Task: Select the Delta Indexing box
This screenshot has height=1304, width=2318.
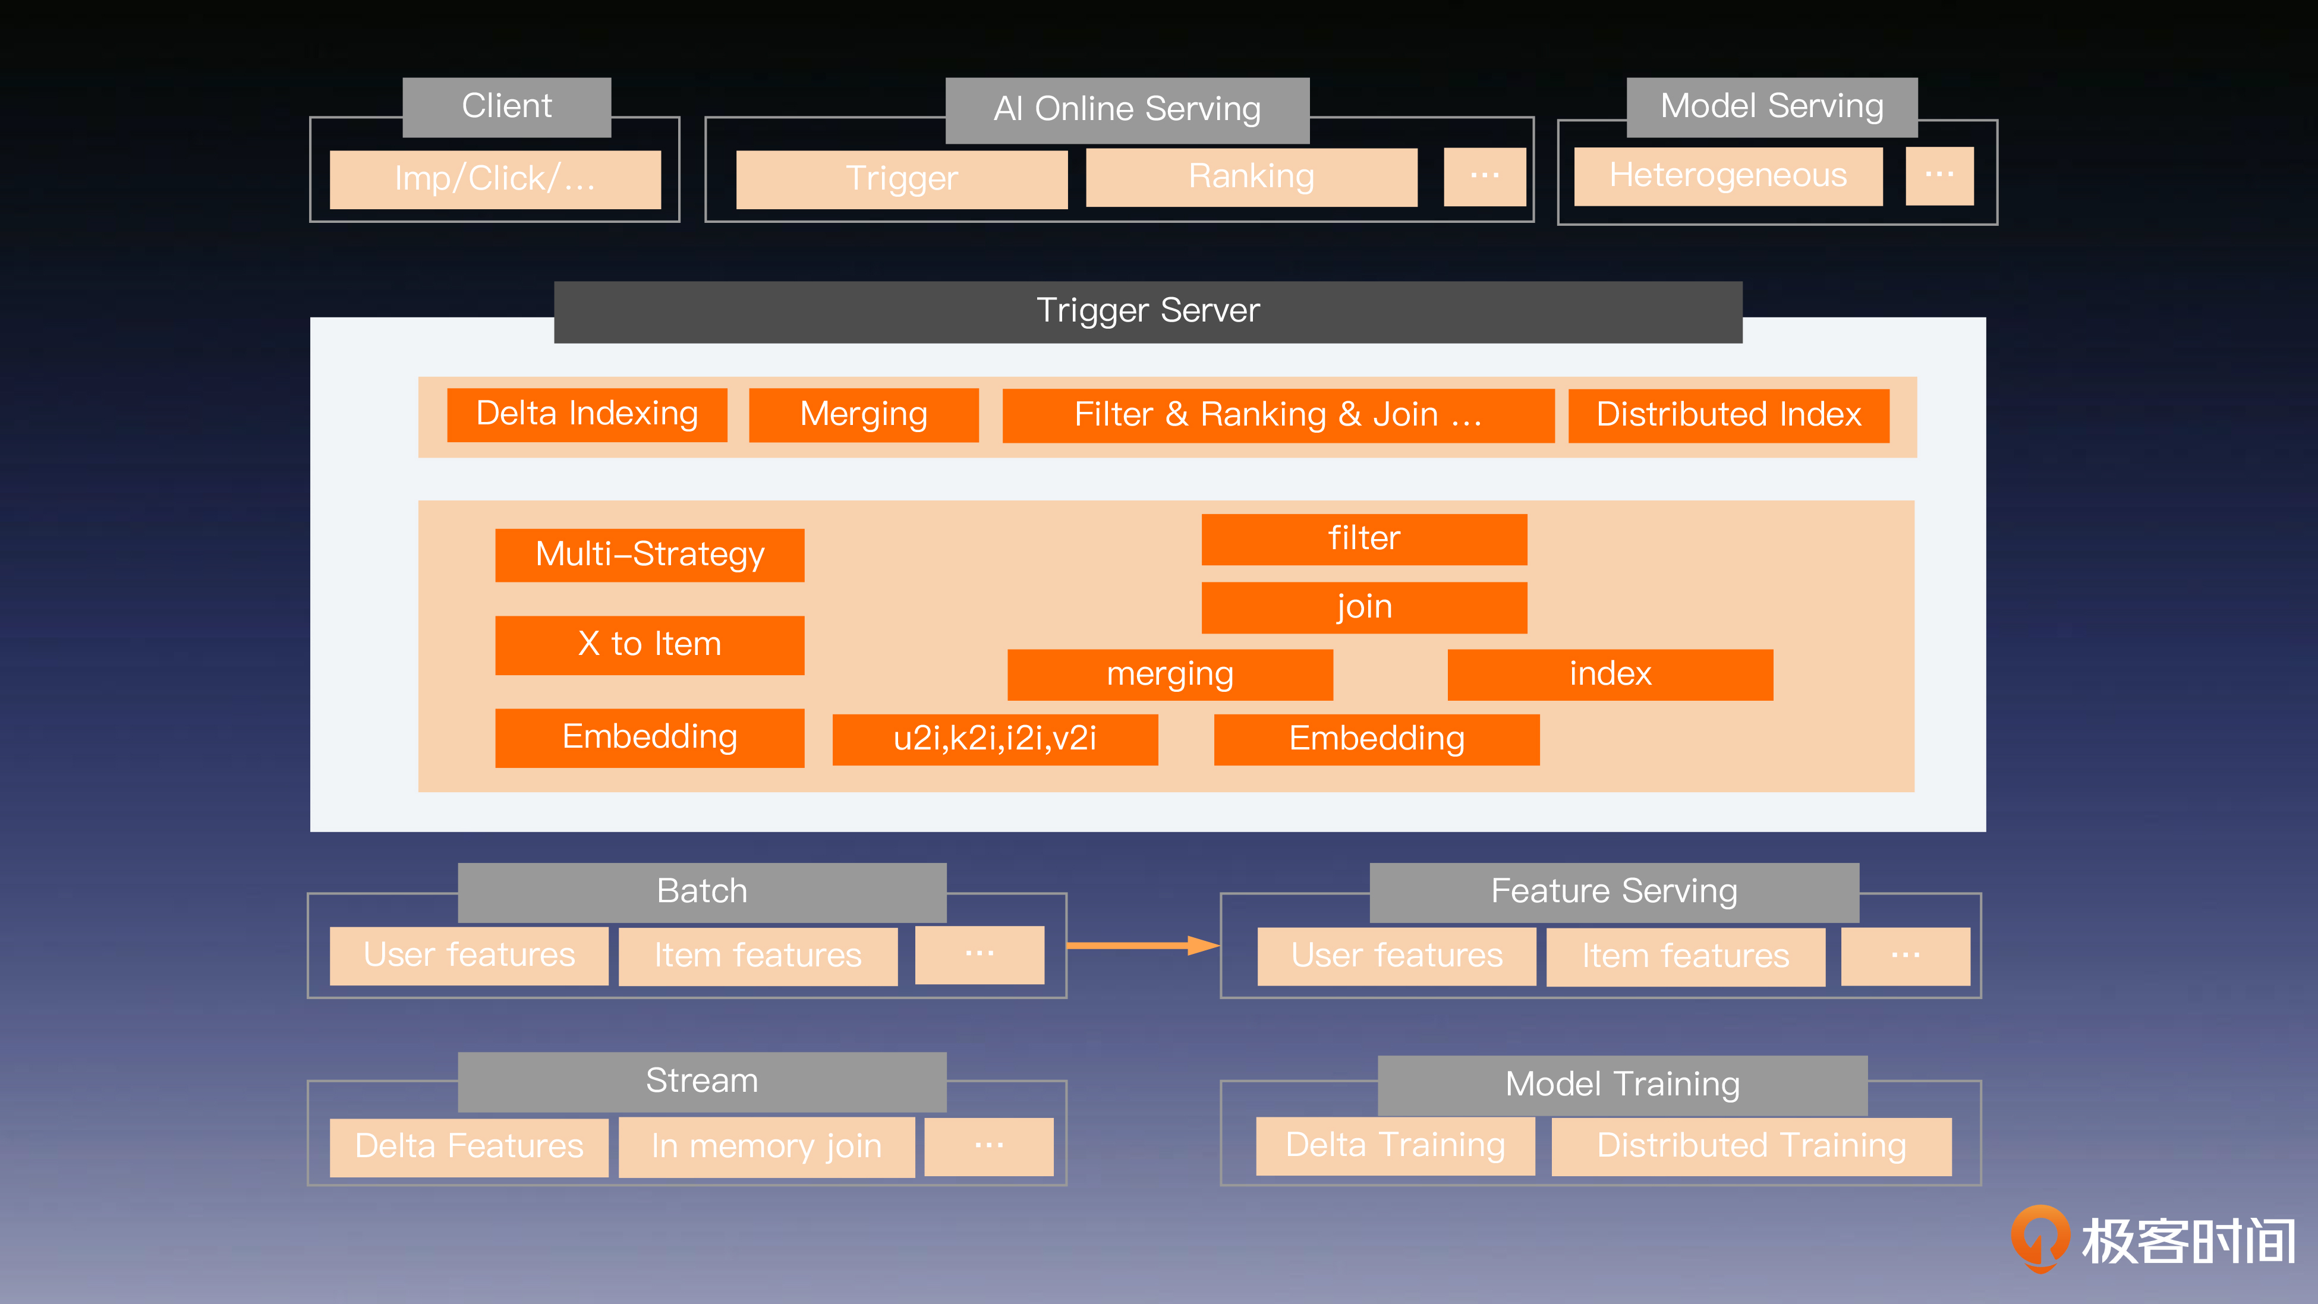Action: (x=587, y=415)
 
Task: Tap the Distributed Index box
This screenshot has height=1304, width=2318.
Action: (x=1728, y=415)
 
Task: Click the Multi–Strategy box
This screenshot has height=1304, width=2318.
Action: (x=650, y=555)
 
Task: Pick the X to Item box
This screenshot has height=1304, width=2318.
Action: (x=650, y=644)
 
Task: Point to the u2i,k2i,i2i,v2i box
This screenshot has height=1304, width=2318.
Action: (x=994, y=739)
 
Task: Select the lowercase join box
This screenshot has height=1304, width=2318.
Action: (x=1363, y=607)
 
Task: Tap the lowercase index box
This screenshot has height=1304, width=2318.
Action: (x=1610, y=674)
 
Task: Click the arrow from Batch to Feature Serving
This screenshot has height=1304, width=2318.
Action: (x=1143, y=945)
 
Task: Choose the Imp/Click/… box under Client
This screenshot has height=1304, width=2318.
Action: (x=495, y=179)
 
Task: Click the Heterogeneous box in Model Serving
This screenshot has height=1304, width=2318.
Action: (x=1728, y=175)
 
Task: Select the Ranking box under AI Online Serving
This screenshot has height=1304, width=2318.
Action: (x=1251, y=177)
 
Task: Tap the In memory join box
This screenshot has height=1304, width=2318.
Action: (x=767, y=1146)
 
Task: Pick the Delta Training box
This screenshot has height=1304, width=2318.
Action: (x=1395, y=1146)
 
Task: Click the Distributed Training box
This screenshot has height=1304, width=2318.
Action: (x=1751, y=1146)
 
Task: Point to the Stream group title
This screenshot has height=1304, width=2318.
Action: (x=702, y=1081)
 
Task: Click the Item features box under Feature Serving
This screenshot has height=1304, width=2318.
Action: (x=1686, y=956)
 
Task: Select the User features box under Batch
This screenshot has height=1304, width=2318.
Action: (x=469, y=956)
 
